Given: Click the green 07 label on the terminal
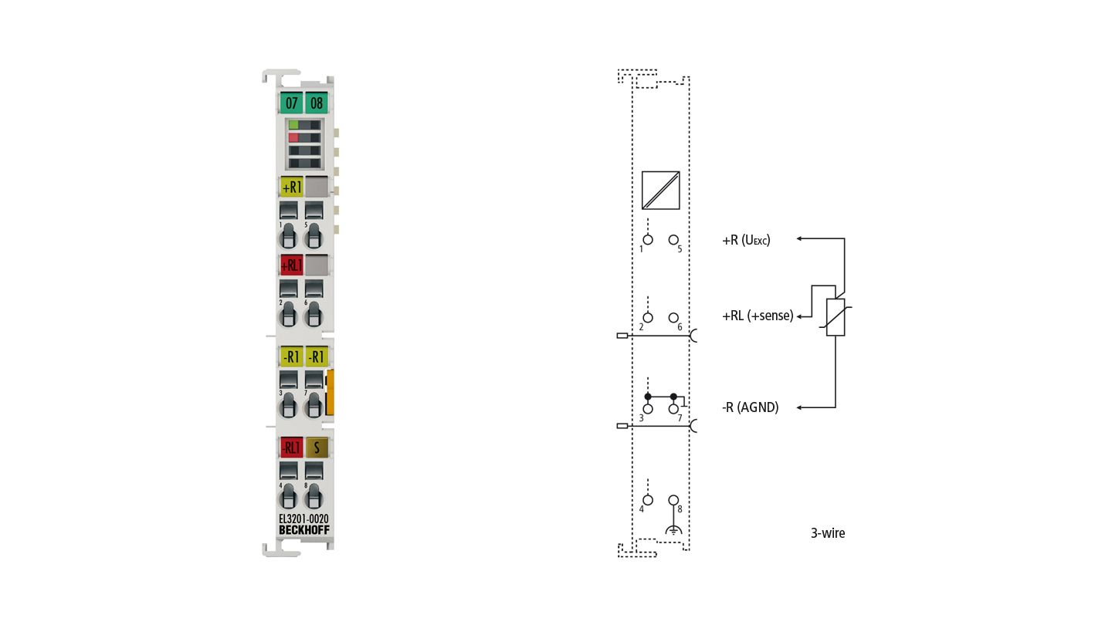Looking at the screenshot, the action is coord(291,103).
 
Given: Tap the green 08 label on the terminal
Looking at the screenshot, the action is coord(317,103).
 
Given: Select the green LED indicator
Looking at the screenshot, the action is coord(294,125).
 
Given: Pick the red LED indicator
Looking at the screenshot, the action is coord(294,137).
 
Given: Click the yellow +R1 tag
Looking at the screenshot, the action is coord(291,187).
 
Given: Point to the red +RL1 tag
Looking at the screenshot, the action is coord(291,265).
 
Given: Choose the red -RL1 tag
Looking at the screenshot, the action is coord(291,448).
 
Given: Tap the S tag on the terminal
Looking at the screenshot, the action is coord(317,448).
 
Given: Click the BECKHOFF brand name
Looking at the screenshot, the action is coord(303,530).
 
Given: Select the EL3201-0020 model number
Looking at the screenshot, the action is coord(303,519).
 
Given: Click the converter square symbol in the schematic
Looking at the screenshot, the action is coord(661,191).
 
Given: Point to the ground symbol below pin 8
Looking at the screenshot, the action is coord(673,530).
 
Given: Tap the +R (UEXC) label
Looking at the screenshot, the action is coord(746,241).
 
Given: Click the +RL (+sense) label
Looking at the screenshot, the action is coord(758,316).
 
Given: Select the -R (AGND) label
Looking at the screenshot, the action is coord(750,407).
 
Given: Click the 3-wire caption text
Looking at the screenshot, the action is coord(828,533).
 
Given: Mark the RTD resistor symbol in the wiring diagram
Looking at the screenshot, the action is coord(836,317).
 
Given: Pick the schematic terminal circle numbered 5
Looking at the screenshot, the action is coord(673,240).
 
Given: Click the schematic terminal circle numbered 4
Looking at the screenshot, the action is coord(648,500).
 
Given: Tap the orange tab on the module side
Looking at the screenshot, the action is coord(331,392).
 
